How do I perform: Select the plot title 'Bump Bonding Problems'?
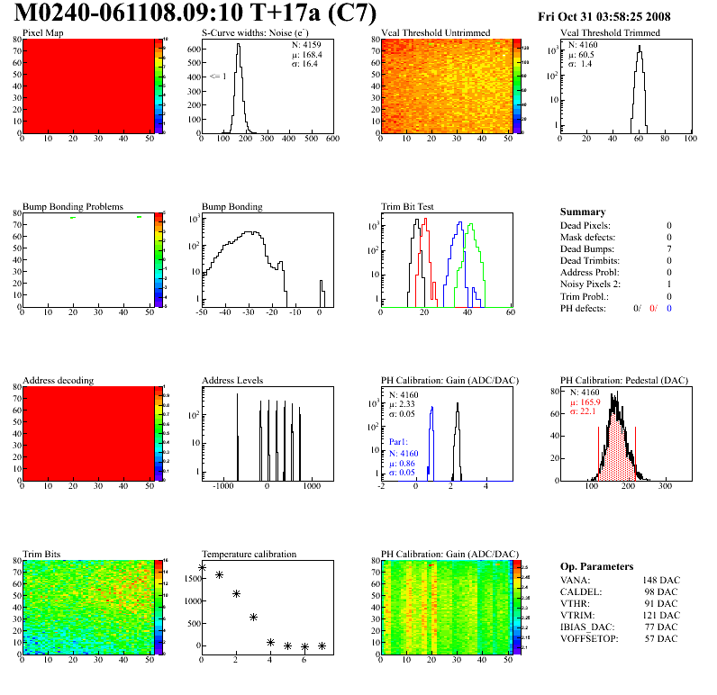[x=73, y=206]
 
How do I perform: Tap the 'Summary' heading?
[x=583, y=212]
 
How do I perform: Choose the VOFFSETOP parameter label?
[x=592, y=638]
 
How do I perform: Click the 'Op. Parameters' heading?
[x=596, y=566]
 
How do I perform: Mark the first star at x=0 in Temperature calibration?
[x=203, y=568]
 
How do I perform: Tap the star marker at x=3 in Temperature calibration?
[x=254, y=617]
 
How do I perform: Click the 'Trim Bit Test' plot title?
[x=408, y=206]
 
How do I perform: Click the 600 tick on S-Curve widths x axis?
[x=331, y=140]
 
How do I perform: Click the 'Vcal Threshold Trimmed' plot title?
[x=610, y=32]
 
